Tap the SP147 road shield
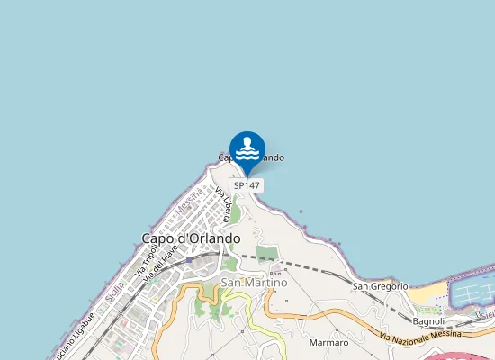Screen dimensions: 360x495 point(247,185)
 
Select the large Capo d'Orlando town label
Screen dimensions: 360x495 point(191,238)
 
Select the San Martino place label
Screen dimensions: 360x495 point(254,283)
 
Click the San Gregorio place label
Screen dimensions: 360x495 point(380,286)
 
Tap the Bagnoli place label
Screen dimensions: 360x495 point(428,321)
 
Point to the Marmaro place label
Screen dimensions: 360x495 point(328,343)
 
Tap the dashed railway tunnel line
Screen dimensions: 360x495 point(306,266)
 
